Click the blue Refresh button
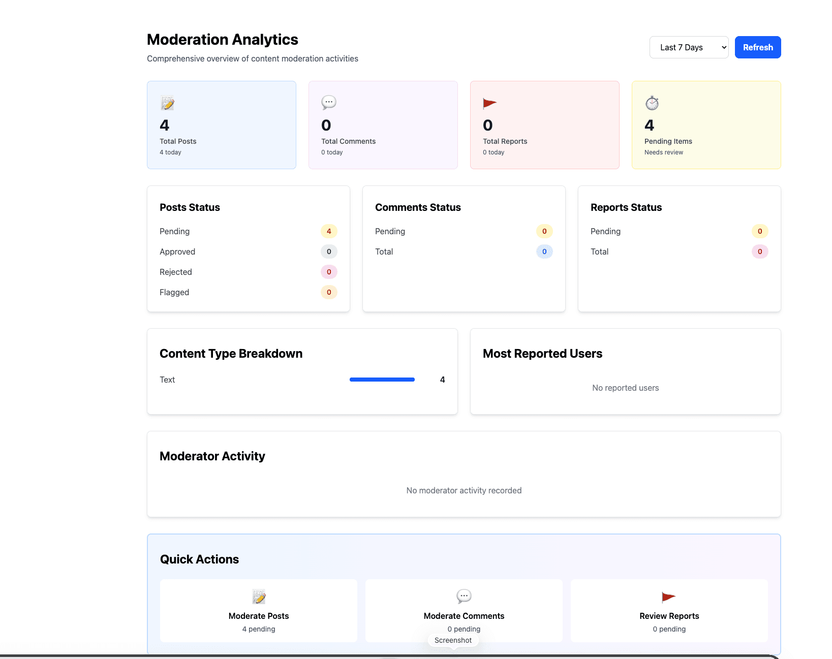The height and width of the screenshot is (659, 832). point(757,47)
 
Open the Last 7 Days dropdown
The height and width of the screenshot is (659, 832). point(688,47)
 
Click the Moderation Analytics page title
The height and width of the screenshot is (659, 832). point(222,40)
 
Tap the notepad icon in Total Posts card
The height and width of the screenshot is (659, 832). point(167,103)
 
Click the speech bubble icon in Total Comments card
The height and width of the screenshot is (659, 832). point(329,103)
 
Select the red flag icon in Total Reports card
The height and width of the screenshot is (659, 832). point(489,103)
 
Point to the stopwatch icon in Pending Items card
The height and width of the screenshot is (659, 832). point(652,103)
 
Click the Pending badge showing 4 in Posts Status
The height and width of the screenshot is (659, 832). point(329,231)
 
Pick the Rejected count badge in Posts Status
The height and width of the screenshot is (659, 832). point(329,272)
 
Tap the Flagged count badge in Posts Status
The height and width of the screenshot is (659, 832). point(329,292)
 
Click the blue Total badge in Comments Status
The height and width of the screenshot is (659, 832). point(544,252)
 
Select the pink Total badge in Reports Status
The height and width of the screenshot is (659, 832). point(760,252)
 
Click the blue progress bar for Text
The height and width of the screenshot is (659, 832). point(382,380)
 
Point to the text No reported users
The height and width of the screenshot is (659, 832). point(625,388)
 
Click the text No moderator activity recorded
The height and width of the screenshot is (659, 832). point(464,490)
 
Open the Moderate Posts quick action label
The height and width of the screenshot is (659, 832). point(259,616)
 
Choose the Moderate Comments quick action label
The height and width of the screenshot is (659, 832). point(464,616)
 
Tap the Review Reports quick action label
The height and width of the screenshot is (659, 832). point(669,616)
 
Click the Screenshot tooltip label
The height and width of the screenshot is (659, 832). point(453,640)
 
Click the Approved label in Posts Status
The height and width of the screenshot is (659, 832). point(177,252)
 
